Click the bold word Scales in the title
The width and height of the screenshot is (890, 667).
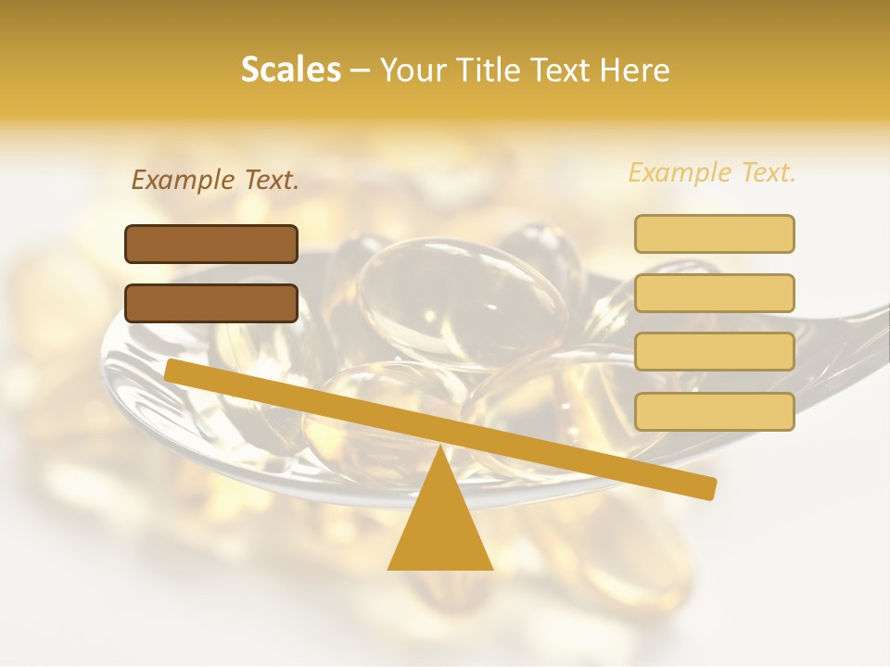(x=290, y=70)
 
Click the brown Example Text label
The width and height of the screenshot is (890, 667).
(x=215, y=181)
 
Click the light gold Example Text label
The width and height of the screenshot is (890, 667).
(x=712, y=172)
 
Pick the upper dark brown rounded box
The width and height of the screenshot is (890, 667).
(x=211, y=244)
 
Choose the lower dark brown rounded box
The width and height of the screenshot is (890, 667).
(x=211, y=303)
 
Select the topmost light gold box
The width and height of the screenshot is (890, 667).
(x=714, y=233)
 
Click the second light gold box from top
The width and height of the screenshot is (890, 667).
(x=714, y=293)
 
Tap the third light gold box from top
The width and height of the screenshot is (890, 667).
(x=714, y=352)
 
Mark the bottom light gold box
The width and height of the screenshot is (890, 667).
(x=714, y=411)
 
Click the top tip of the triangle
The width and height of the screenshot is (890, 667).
(x=440, y=448)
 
